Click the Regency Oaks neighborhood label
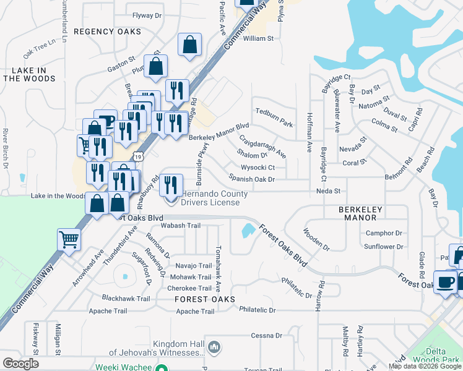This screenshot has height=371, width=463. [x=107, y=32]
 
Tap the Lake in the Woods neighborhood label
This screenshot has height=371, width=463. [x=29, y=74]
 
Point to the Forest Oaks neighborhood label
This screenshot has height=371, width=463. [x=204, y=299]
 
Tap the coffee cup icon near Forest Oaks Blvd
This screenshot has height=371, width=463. [x=444, y=282]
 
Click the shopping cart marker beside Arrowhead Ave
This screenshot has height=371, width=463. [x=69, y=239]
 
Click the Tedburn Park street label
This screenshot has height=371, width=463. [x=274, y=124]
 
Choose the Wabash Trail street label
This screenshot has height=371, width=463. [x=181, y=226]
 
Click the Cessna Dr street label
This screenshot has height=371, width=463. [x=266, y=336]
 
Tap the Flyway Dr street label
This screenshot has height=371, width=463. [x=146, y=15]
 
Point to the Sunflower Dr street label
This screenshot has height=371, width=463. [x=383, y=247]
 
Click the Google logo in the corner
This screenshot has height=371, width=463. [x=21, y=363]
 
